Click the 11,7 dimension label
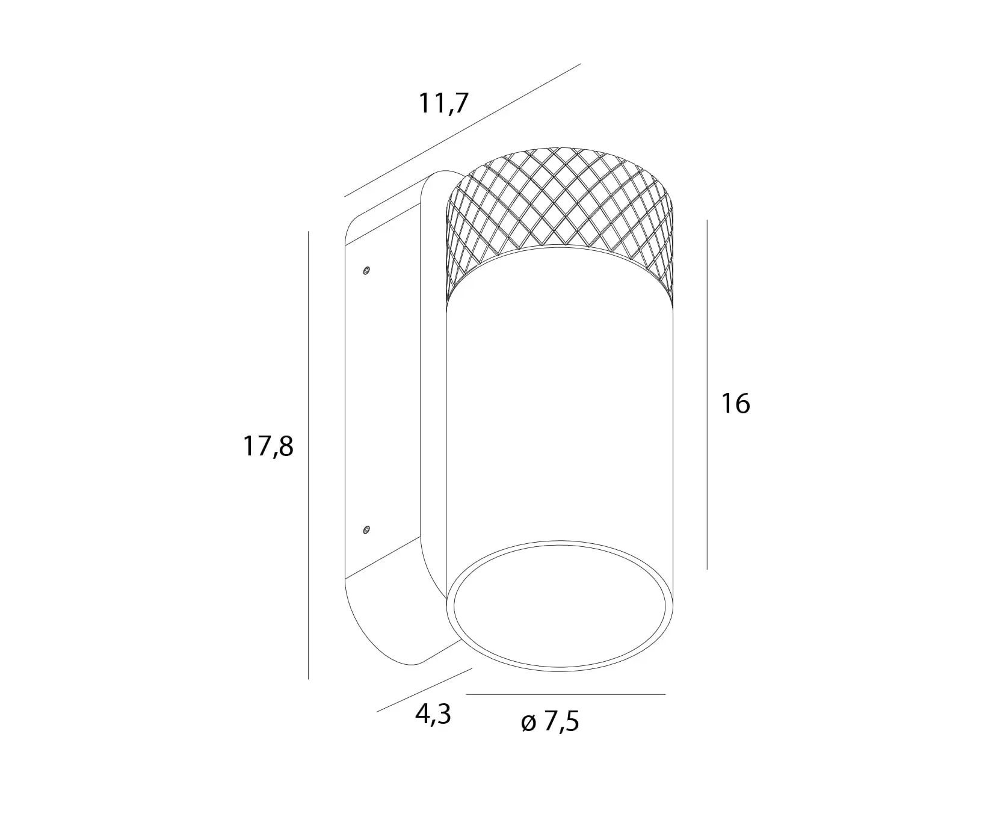tap(443, 103)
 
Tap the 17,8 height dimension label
tap(268, 447)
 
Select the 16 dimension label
tap(735, 403)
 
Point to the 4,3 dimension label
tap(433, 714)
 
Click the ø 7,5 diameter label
tap(550, 721)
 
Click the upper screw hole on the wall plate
tap(366, 271)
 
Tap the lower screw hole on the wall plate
tap(366, 529)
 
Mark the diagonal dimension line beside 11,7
tap(463, 130)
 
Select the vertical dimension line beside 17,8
tap(308, 455)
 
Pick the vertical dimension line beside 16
tap(707, 394)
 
